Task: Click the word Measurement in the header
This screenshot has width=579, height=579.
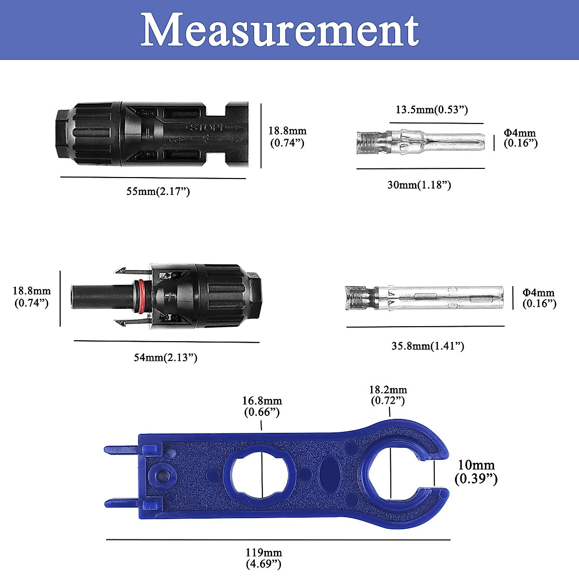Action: (280, 30)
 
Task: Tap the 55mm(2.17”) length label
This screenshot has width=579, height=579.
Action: (158, 192)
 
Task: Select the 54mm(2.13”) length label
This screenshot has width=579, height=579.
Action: (165, 358)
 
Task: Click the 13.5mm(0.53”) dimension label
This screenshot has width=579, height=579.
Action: (432, 110)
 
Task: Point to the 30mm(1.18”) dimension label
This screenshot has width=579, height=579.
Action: (419, 185)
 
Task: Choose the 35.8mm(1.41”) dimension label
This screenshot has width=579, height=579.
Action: (428, 346)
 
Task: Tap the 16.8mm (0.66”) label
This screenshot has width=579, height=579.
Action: (262, 406)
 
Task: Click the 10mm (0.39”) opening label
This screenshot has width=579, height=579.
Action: (476, 472)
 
